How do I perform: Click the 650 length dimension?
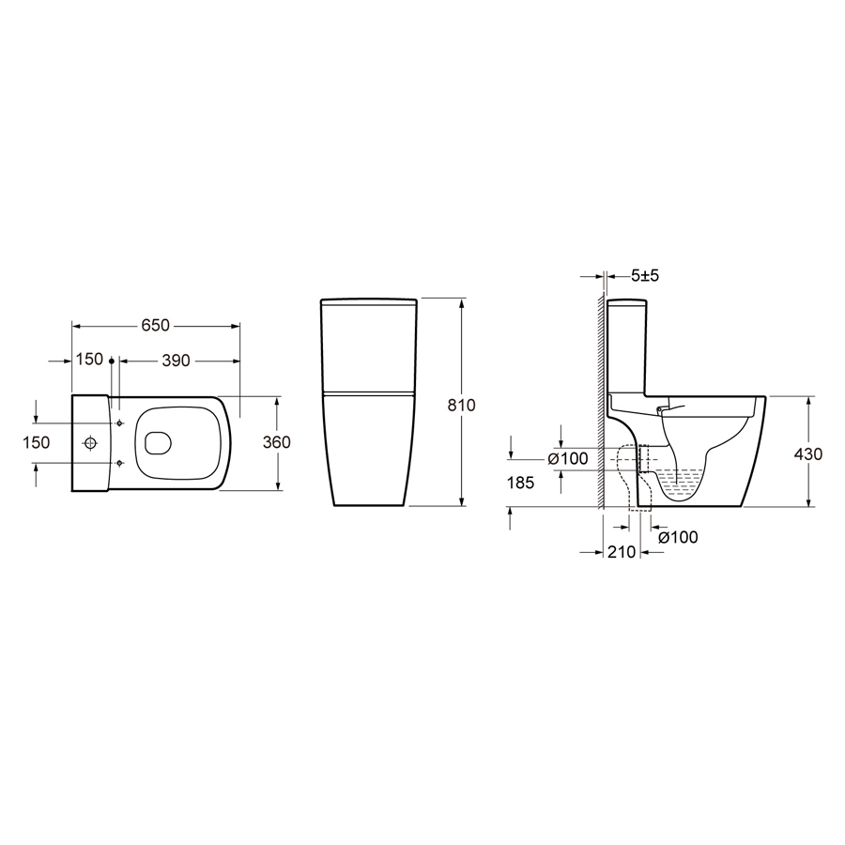[155, 326]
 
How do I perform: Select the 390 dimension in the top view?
[176, 361]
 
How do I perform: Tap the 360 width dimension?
[276, 442]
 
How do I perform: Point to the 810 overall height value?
[461, 405]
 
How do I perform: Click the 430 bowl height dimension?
[808, 453]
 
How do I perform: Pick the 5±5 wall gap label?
[645, 276]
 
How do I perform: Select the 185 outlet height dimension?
[520, 483]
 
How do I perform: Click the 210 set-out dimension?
[622, 552]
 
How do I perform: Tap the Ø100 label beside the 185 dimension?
[567, 459]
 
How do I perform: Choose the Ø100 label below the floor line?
[678, 537]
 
